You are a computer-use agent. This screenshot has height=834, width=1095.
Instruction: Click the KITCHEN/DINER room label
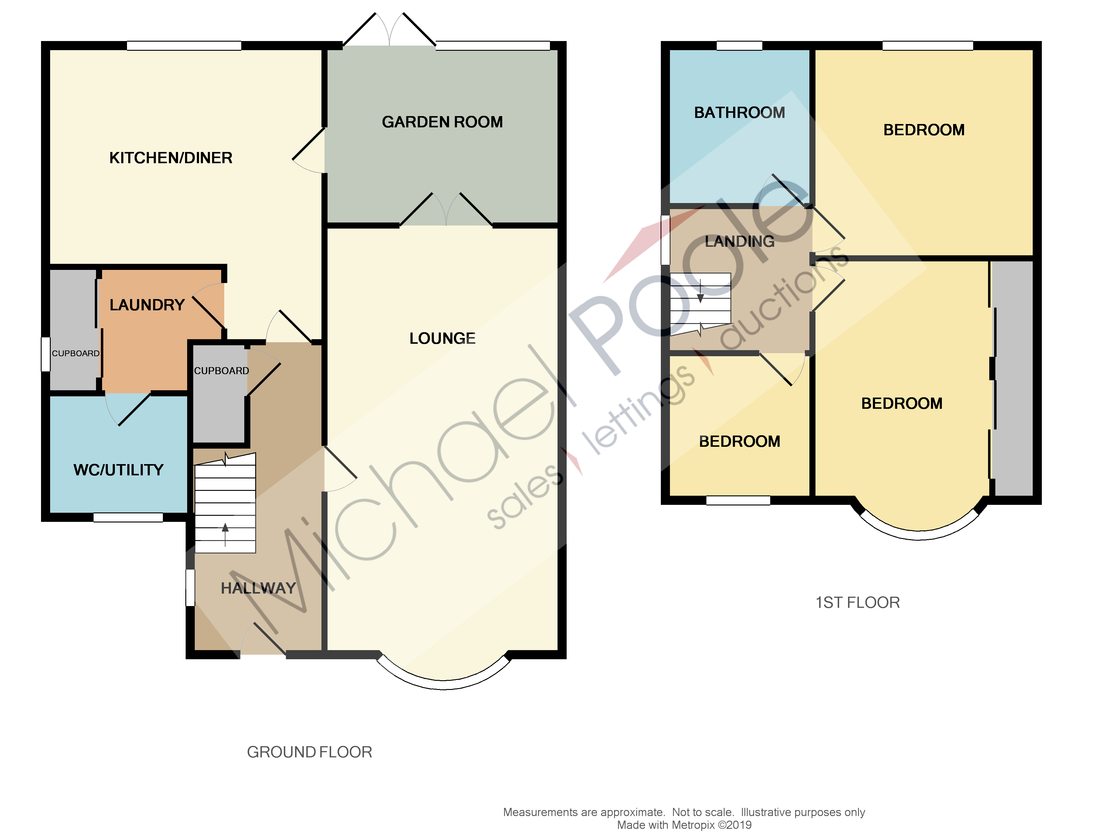point(171,158)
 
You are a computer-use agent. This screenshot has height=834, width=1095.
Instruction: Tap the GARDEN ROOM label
point(442,122)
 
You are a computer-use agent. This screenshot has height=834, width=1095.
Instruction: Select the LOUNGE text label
point(442,339)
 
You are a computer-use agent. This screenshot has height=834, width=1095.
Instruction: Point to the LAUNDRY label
point(147,305)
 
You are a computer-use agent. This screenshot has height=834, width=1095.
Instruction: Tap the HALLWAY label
point(258,588)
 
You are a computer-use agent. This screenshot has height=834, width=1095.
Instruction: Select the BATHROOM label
point(739,113)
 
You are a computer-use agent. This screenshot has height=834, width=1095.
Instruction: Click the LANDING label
point(739,242)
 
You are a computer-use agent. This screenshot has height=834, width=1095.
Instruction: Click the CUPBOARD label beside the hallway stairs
point(221,371)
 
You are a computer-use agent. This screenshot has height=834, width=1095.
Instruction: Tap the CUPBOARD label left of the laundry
point(75,353)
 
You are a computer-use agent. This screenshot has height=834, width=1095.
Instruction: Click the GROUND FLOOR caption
point(309,752)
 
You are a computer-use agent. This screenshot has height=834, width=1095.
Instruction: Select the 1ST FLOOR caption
point(857,603)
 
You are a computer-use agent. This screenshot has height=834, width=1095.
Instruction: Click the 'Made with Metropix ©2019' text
point(684,825)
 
